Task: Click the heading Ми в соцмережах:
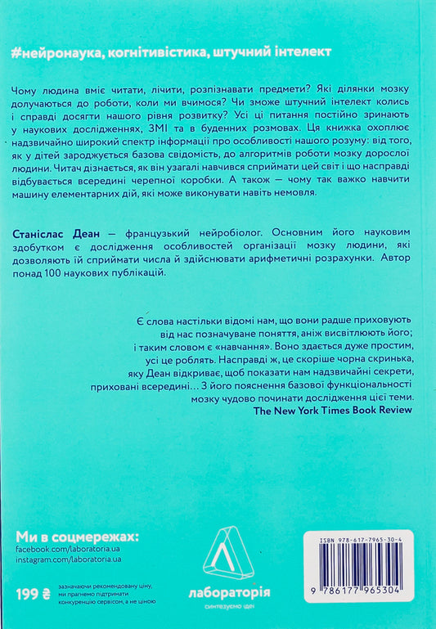click(78, 537)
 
